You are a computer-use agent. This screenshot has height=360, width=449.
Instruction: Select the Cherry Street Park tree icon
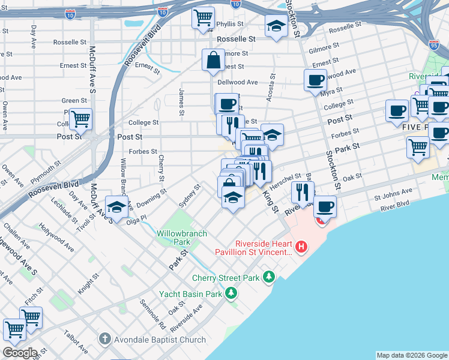tap(270, 277)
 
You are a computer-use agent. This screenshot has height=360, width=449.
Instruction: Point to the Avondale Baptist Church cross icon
tap(106, 339)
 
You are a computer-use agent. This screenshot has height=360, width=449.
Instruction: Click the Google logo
tap(20, 353)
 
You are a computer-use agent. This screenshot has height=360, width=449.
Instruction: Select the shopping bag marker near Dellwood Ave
tap(213, 60)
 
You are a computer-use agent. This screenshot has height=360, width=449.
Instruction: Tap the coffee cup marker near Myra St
tap(315, 80)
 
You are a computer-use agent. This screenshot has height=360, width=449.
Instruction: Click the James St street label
tap(181, 101)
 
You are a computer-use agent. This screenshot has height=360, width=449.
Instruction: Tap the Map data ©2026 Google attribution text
tap(412, 355)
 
